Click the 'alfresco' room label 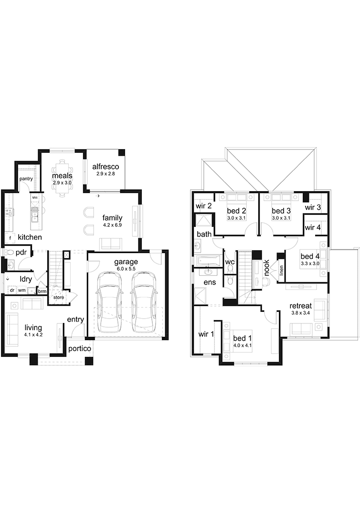[106, 167]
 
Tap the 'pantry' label [26, 179]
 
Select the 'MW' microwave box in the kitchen [35, 198]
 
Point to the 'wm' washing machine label [21, 290]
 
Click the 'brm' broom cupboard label [42, 291]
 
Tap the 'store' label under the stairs [59, 297]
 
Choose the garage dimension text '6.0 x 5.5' [126, 269]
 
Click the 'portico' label [80, 349]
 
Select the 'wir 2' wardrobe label [203, 206]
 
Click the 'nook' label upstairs [266, 268]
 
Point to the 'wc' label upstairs [230, 262]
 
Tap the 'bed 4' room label [310, 257]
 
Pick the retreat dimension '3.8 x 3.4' [300, 313]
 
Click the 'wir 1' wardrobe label [206, 334]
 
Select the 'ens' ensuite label [210, 282]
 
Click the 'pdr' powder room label [21, 253]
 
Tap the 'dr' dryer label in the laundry [12, 290]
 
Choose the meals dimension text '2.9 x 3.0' [62, 182]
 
